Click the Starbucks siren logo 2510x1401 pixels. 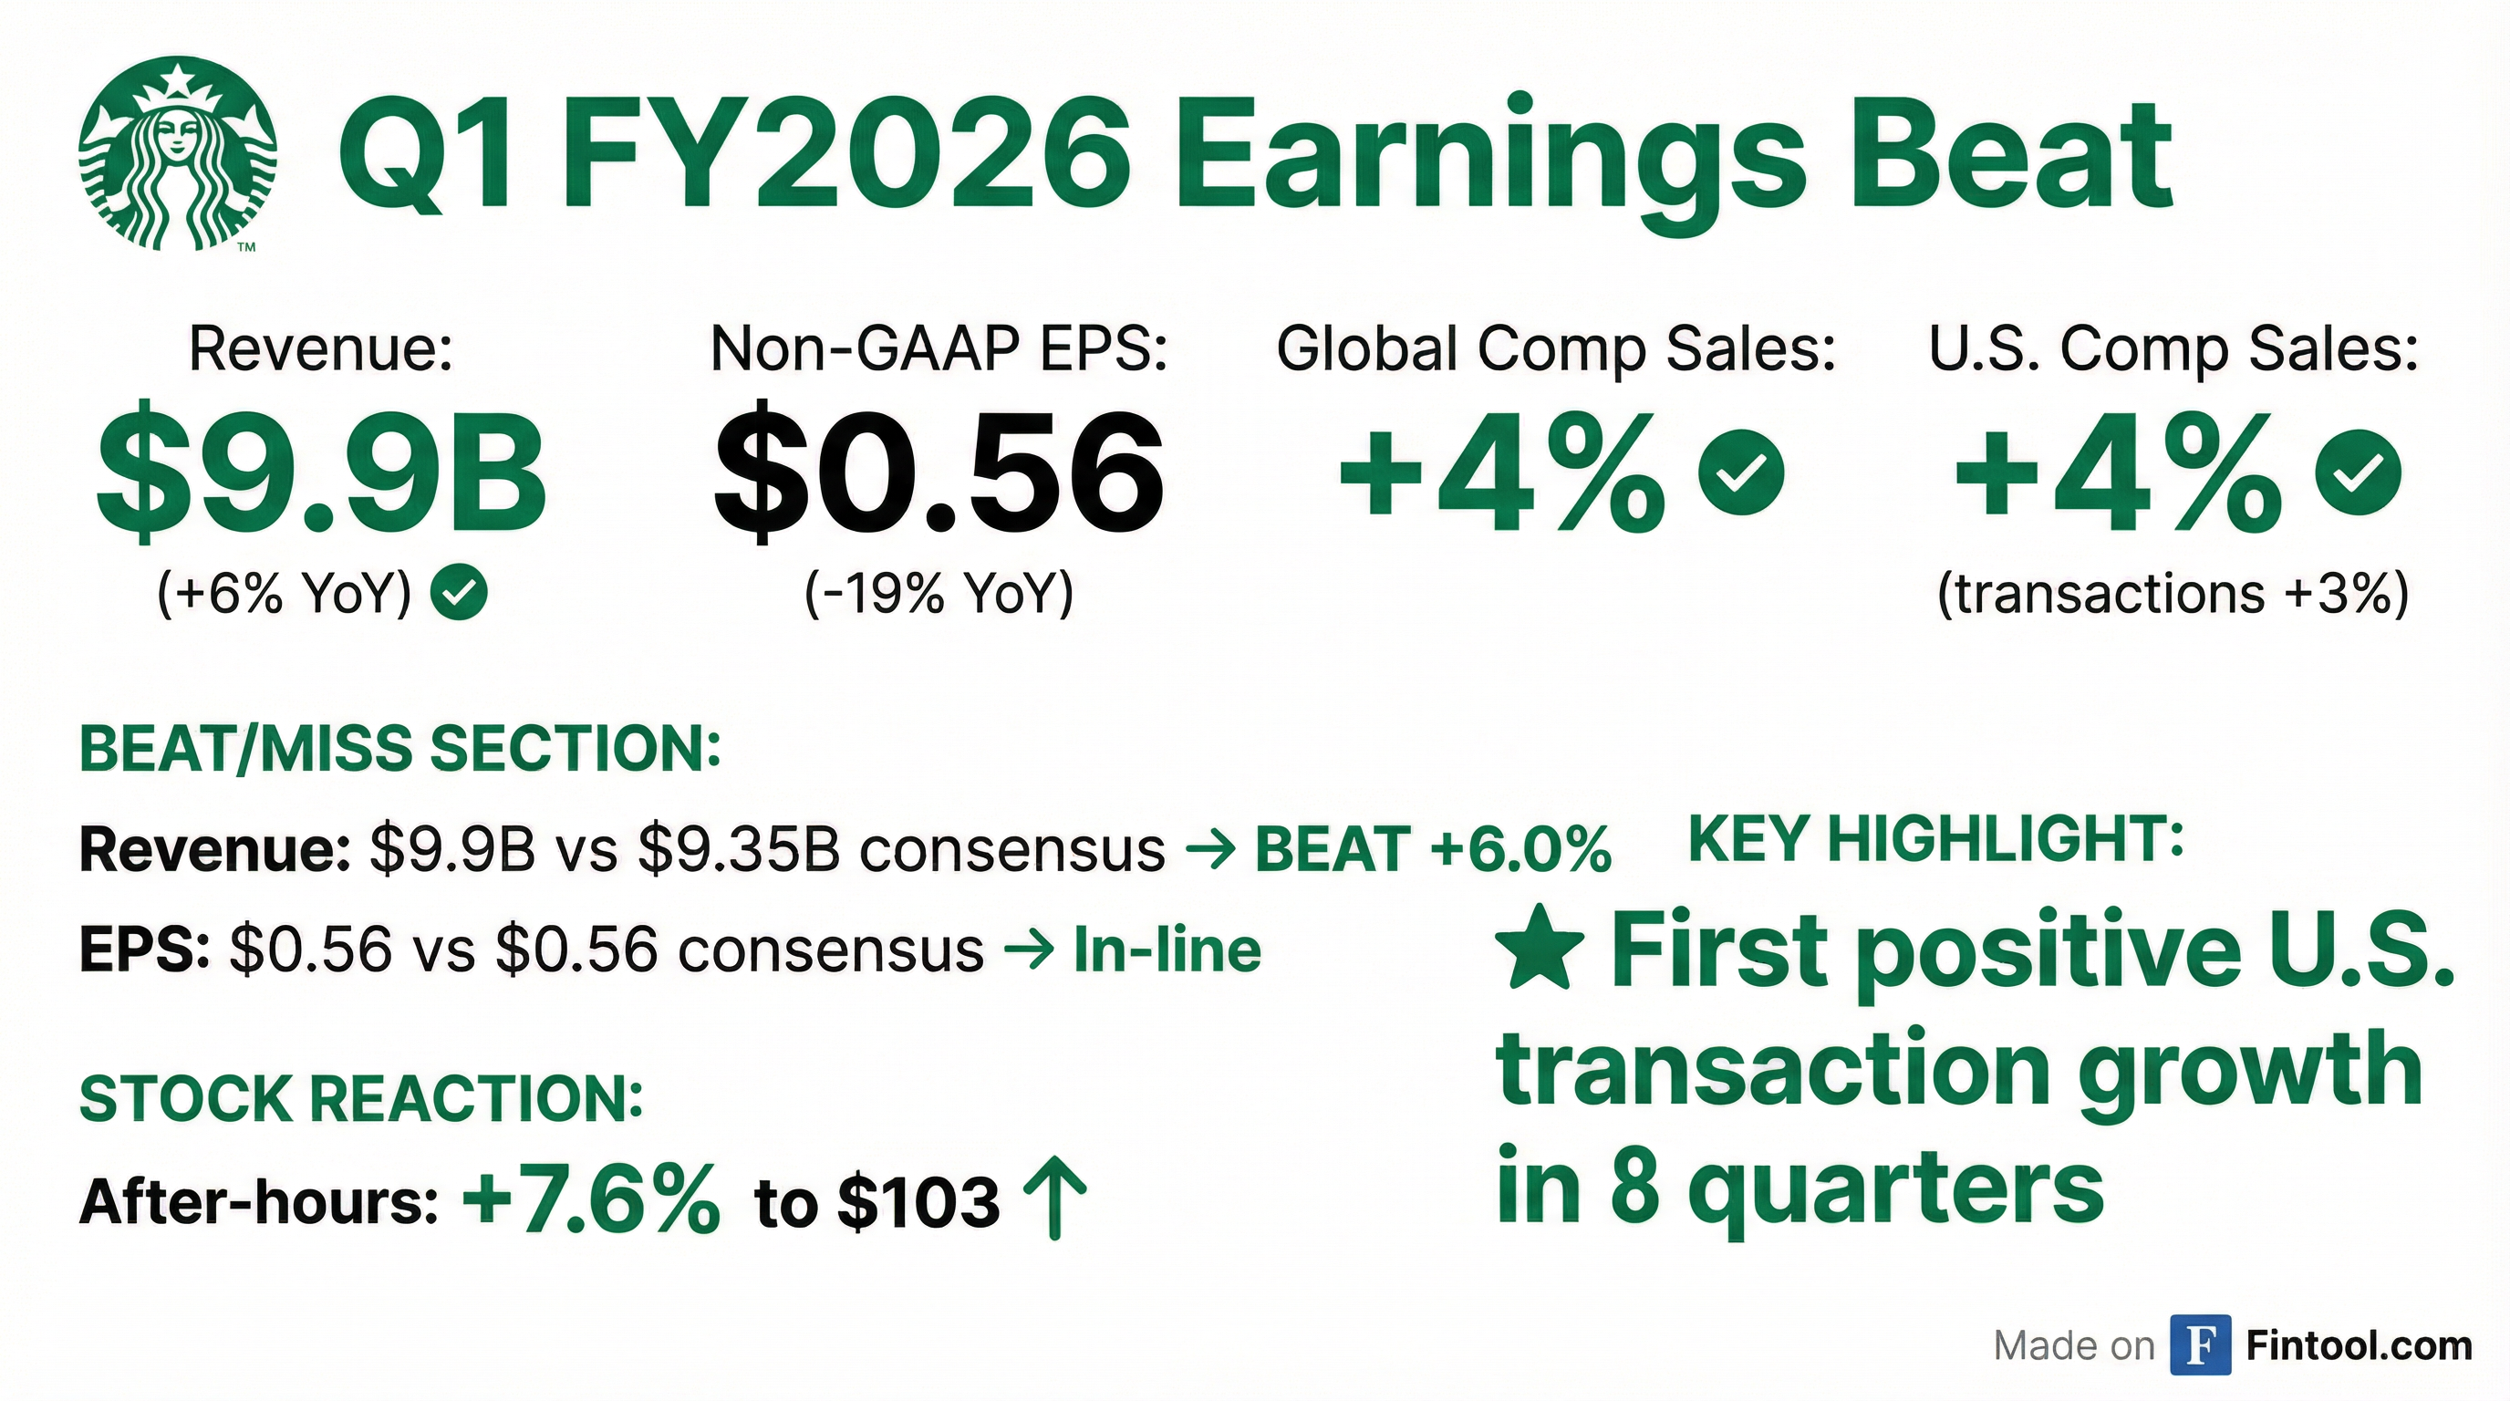(x=177, y=154)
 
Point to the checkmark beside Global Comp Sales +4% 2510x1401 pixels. (x=1741, y=472)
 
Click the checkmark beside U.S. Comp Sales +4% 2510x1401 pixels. (x=2358, y=472)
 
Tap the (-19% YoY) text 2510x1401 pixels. (x=939, y=592)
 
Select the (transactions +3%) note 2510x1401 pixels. (x=2173, y=592)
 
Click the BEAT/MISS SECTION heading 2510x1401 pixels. (x=399, y=749)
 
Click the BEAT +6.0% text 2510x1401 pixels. (x=1432, y=849)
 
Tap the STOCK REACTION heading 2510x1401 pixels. (x=361, y=1099)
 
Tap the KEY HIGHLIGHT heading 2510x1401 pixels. (x=1936, y=839)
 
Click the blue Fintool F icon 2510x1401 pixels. (x=2201, y=1345)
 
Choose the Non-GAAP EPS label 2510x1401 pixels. (x=939, y=348)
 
